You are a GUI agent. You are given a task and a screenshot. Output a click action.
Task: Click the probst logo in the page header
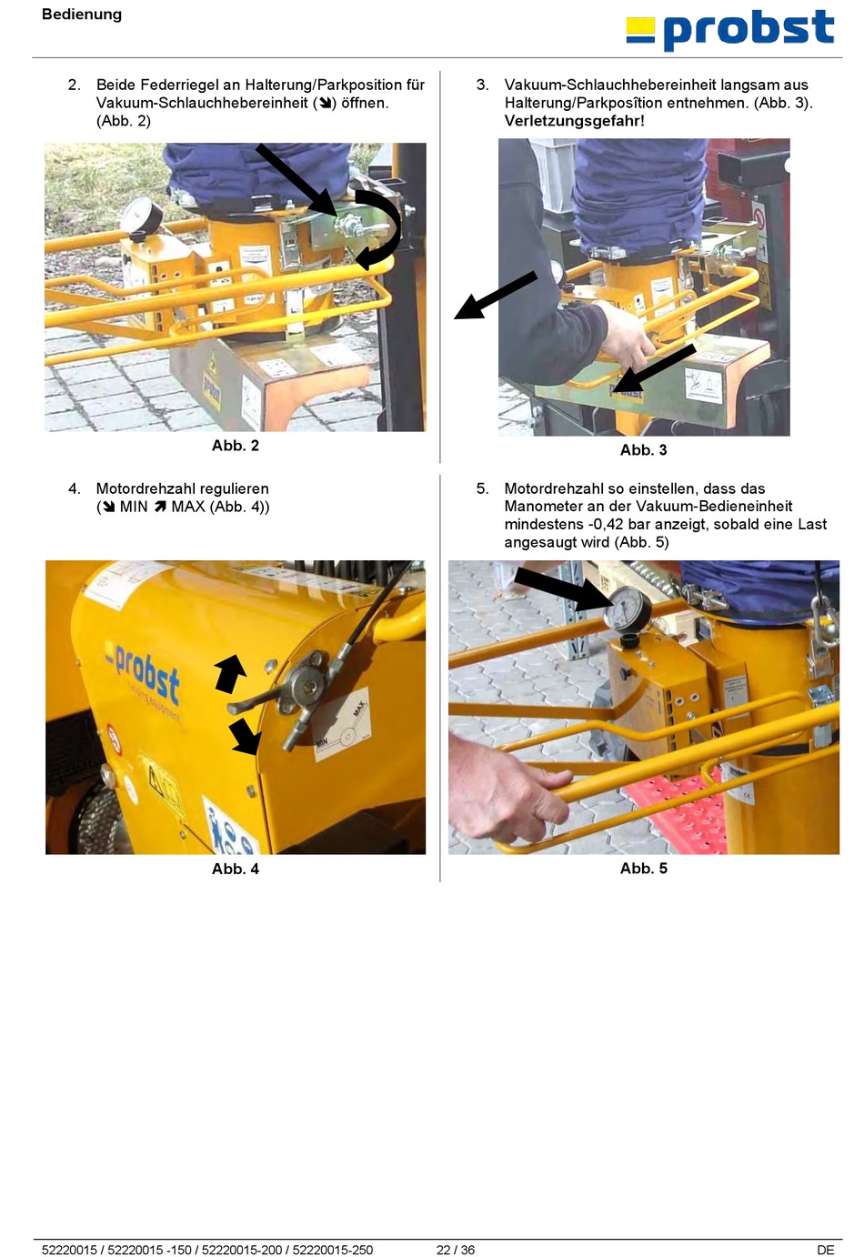730,30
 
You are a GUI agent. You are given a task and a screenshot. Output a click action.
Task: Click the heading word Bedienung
82,14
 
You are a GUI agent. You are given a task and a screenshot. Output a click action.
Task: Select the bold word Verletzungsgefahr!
575,121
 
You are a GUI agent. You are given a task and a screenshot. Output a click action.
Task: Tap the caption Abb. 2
236,446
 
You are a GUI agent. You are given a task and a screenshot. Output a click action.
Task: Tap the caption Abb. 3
644,450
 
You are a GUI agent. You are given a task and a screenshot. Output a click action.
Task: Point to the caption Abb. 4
236,869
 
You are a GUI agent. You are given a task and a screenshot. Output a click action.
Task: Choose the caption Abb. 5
644,868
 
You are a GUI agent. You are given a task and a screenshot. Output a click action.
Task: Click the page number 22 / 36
456,1250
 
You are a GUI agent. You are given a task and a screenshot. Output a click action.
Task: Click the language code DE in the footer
826,1250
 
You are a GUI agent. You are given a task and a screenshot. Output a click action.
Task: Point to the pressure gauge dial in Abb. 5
628,610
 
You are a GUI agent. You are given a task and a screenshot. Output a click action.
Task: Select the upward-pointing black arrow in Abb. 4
231,672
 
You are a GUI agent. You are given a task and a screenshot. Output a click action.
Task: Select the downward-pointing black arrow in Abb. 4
245,736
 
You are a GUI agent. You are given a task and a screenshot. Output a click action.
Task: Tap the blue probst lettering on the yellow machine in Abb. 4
143,676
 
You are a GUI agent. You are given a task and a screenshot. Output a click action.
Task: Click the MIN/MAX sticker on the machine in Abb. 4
341,724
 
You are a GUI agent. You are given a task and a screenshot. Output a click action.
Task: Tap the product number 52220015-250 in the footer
332,1250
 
